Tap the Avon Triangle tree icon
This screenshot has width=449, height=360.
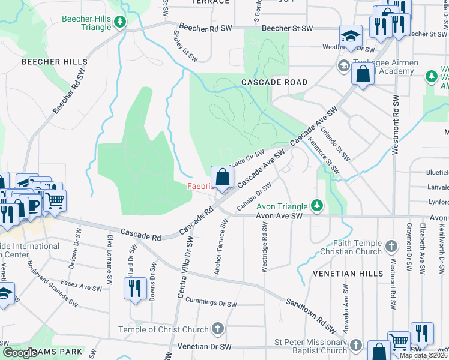(316, 206)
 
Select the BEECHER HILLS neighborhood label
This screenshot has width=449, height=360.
(55, 62)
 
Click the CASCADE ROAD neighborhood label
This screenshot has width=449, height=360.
(274, 82)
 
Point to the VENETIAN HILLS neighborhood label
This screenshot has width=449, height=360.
(348, 273)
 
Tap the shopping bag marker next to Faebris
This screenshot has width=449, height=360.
(222, 178)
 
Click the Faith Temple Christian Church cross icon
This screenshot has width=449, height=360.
(391, 245)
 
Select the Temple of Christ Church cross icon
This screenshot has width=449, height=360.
(217, 329)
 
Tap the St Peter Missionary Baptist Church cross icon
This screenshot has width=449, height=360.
(356, 345)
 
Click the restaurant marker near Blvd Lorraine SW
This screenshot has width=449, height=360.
(135, 289)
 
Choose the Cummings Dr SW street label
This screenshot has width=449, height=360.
(211, 302)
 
